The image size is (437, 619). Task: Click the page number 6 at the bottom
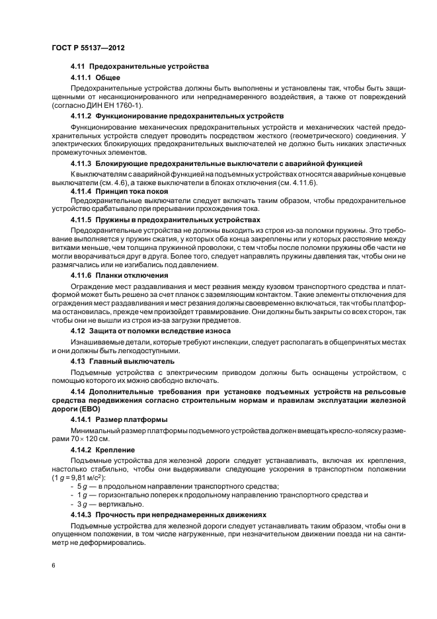(54, 566)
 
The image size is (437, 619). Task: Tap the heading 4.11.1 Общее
(95, 78)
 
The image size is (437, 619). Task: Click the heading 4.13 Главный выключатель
(122, 361)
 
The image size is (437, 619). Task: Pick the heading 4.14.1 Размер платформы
(118, 419)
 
